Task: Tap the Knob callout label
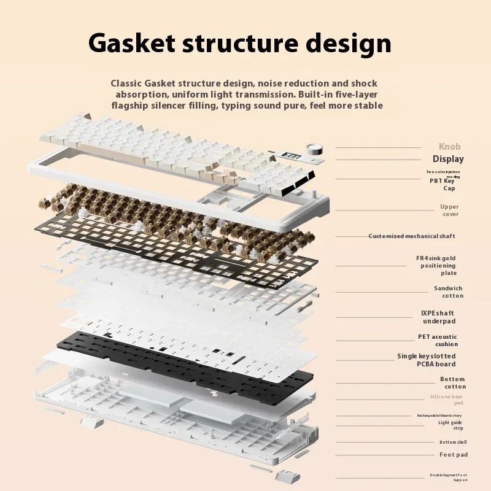(449, 147)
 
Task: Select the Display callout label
(448, 160)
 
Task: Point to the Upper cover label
(449, 211)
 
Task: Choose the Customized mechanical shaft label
(412, 236)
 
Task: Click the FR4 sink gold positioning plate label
(438, 266)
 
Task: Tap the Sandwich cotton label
(448, 292)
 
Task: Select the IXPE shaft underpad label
(438, 317)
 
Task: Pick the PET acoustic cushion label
(438, 341)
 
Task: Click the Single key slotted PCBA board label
(427, 360)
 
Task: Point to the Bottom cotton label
(452, 383)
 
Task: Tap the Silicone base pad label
(446, 400)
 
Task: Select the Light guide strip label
(450, 425)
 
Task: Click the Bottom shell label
(453, 442)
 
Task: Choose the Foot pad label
(454, 455)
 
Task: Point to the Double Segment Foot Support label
(448, 477)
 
